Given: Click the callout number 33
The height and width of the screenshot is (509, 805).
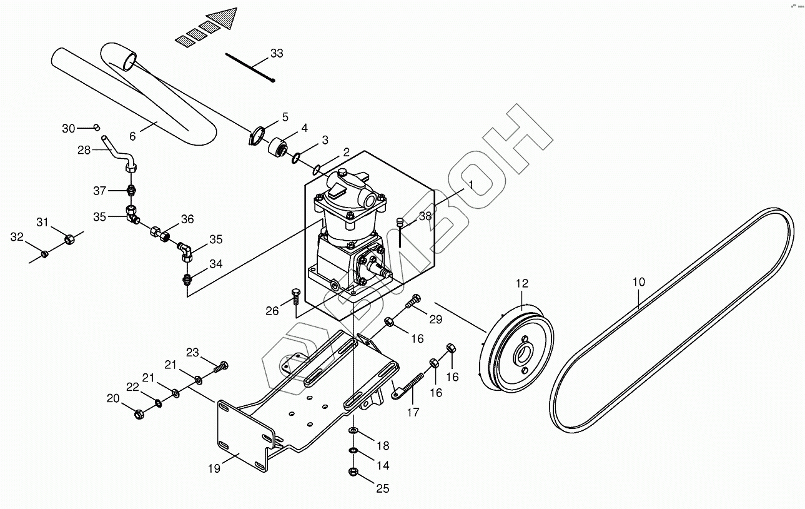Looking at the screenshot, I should pyautogui.click(x=276, y=53).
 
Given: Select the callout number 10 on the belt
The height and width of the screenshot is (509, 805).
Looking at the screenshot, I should pyautogui.click(x=638, y=282).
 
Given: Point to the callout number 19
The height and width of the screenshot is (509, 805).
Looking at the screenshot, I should pyautogui.click(x=214, y=468).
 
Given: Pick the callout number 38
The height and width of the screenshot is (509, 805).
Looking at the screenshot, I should pyautogui.click(x=425, y=216).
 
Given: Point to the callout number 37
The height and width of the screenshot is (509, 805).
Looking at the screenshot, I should pyautogui.click(x=100, y=190).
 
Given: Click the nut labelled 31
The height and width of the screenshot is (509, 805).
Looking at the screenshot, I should pyautogui.click(x=71, y=239).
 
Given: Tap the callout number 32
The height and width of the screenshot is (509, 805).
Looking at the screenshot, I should pyautogui.click(x=17, y=237).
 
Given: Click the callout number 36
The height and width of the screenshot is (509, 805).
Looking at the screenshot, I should pyautogui.click(x=187, y=219).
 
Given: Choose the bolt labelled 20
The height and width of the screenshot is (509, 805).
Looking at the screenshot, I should pyautogui.click(x=139, y=413).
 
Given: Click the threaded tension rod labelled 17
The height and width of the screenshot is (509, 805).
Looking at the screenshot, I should pyautogui.click(x=412, y=385).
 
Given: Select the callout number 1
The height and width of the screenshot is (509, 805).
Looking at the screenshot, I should pyautogui.click(x=472, y=184).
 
